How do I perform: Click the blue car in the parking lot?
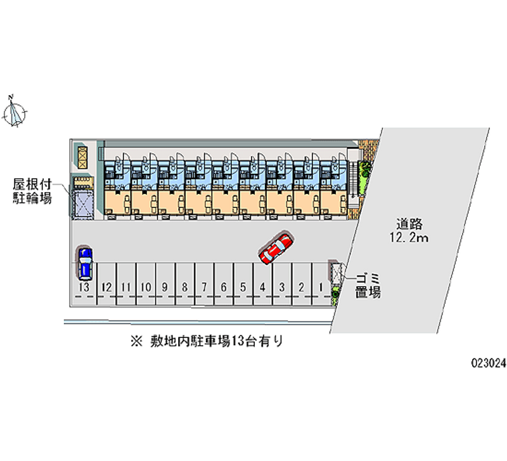click(x=84, y=263)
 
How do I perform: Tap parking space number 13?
click(x=84, y=287)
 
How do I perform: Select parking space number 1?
click(x=321, y=287)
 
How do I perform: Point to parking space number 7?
click(x=204, y=287)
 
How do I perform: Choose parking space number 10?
click(x=146, y=287)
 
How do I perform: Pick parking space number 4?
click(x=262, y=287)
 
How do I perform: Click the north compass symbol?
click(x=15, y=112)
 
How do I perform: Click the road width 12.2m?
click(x=410, y=238)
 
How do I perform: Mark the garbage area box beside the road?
click(x=334, y=272)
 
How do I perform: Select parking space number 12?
click(x=106, y=287)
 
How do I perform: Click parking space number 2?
click(x=302, y=287)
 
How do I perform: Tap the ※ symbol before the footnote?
click(x=134, y=341)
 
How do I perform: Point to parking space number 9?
click(x=165, y=287)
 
